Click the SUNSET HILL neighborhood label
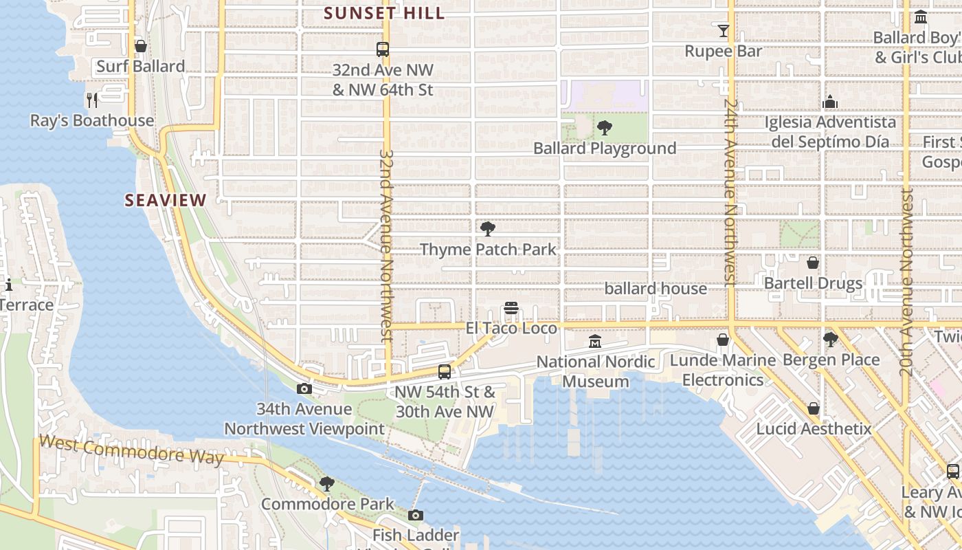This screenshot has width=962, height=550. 384,13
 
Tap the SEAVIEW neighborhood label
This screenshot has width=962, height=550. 165,200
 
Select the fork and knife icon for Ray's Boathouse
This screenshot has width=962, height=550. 93,100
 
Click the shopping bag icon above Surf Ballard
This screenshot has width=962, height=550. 141,46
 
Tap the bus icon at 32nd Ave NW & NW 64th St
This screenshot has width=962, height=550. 383,49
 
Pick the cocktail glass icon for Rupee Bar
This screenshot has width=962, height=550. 723,31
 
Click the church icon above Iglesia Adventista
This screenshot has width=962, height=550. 830,102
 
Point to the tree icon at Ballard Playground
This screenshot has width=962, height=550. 605,127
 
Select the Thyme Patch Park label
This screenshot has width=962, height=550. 488,249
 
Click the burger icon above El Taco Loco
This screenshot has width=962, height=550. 511,308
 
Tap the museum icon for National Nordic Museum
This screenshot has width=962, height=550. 595,341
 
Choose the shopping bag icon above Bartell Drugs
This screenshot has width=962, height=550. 813,263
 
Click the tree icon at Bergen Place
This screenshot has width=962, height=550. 831,339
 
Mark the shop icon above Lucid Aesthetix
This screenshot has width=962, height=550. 814,408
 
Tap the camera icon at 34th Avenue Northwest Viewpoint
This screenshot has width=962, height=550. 304,389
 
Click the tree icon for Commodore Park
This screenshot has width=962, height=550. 327,484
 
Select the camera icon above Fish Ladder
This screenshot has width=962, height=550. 415,515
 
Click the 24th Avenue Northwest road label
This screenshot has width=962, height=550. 730,192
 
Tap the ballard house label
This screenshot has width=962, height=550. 656,289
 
